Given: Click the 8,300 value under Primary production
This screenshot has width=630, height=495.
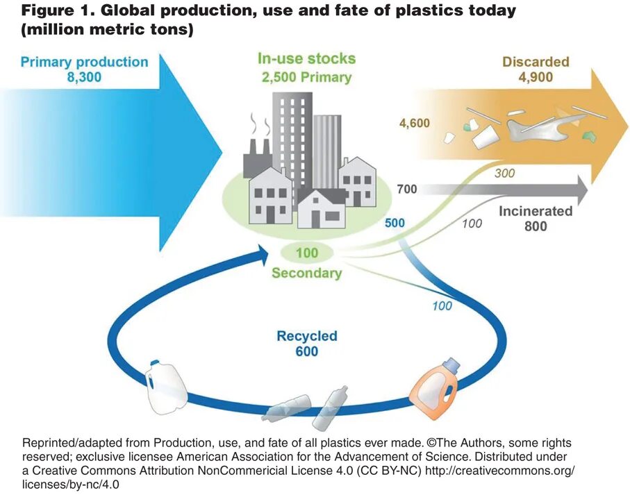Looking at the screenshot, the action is (x=84, y=78).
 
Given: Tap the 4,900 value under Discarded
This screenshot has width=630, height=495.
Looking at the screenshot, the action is (x=535, y=77).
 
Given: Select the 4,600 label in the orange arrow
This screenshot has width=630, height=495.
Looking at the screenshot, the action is (x=414, y=124).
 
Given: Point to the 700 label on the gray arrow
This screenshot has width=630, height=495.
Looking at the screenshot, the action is (x=407, y=189).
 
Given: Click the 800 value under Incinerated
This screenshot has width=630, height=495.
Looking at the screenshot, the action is (x=535, y=226).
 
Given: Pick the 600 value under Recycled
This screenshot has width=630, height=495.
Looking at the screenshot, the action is (x=306, y=351).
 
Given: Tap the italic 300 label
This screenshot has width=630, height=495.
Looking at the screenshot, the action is (x=504, y=174).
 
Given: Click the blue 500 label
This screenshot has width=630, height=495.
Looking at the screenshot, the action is (x=395, y=224).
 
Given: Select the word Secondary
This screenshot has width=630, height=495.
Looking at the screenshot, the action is (x=306, y=273).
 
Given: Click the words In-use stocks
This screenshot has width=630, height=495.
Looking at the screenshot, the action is (x=306, y=59).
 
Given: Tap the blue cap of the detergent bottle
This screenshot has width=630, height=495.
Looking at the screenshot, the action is (x=451, y=364).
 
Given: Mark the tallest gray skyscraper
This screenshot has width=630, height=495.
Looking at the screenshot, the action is (x=292, y=139).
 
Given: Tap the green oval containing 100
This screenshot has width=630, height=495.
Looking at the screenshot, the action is (x=306, y=253).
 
